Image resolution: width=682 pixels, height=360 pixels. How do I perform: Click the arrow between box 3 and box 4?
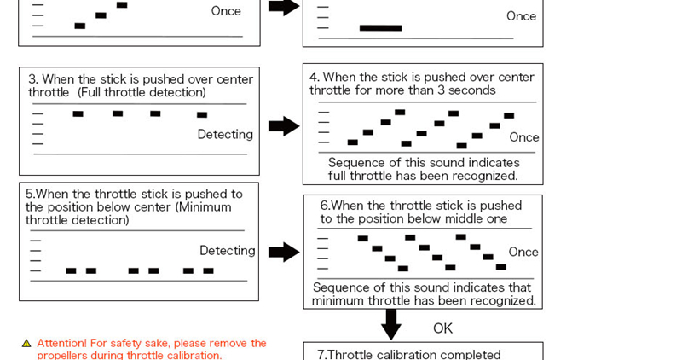tap(284, 126)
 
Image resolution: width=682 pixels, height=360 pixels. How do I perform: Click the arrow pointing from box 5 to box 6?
tap(284, 252)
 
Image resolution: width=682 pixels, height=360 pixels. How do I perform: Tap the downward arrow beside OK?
tap(391, 323)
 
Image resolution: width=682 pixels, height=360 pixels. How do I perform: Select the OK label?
tap(442, 328)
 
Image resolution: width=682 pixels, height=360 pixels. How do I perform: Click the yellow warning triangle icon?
tap(26, 343)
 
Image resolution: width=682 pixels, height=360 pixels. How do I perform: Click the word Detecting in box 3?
tap(225, 135)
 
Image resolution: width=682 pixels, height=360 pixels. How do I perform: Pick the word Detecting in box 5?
tap(227, 251)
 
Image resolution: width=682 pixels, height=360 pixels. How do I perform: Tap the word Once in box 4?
tap(523, 137)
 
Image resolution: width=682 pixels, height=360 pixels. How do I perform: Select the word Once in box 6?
tap(523, 252)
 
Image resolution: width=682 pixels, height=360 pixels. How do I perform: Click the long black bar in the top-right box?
tap(380, 28)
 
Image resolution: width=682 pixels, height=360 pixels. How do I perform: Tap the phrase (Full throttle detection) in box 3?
tap(142, 92)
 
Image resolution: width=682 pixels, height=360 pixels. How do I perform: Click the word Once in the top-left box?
tap(226, 11)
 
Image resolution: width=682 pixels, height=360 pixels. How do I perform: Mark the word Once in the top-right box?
tap(521, 16)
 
